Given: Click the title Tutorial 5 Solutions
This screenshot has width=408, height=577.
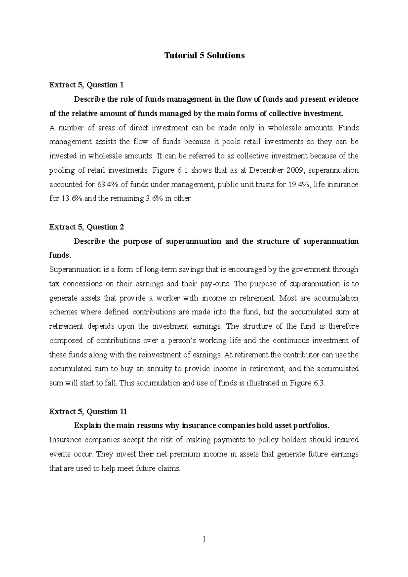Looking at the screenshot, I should pos(204,56).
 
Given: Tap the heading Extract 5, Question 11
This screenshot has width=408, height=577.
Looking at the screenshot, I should pos(88,412).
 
